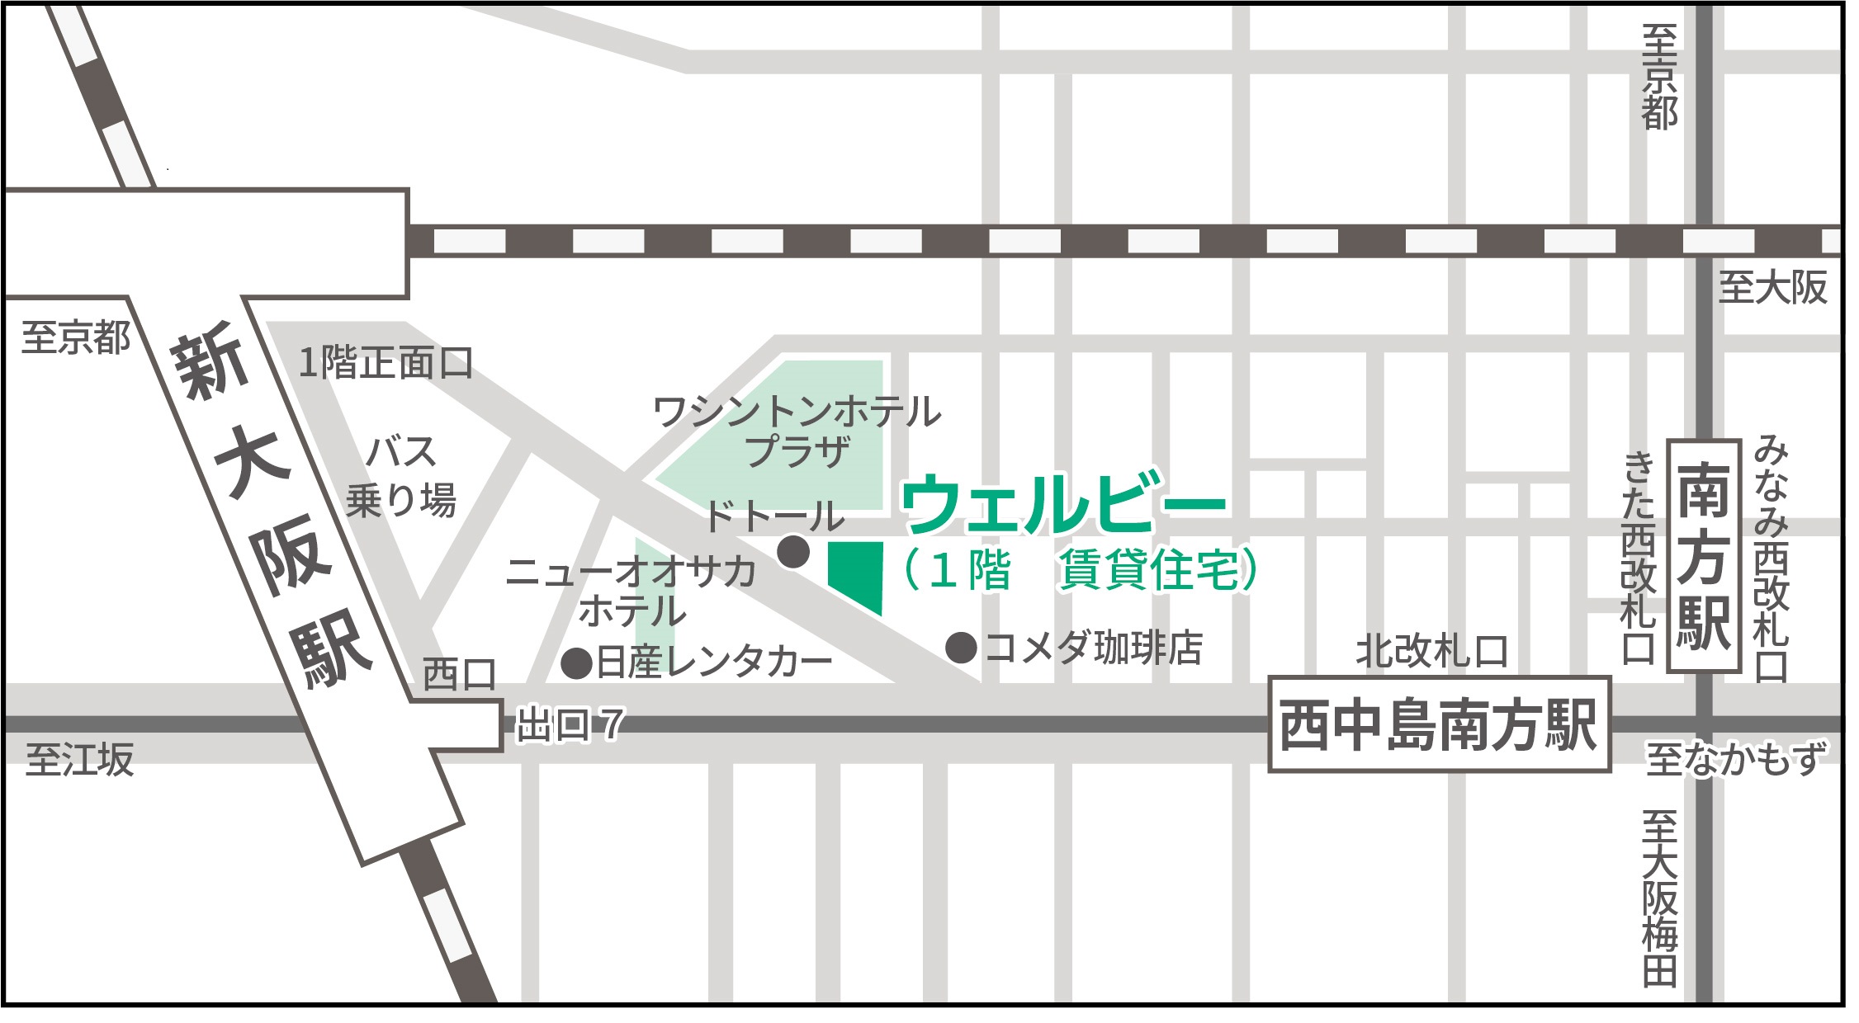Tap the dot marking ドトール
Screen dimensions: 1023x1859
click(x=794, y=551)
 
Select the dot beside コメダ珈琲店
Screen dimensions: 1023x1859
click(x=962, y=648)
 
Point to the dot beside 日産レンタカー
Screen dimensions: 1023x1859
click(x=577, y=662)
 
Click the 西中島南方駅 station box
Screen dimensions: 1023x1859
click(x=1439, y=725)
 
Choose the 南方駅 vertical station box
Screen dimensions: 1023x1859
click(x=1704, y=557)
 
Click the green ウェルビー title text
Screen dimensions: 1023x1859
click(x=1065, y=503)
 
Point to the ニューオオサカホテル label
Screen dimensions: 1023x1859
click(x=631, y=591)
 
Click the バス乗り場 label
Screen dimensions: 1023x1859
click(x=401, y=476)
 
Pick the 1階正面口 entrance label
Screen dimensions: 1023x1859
click(x=386, y=363)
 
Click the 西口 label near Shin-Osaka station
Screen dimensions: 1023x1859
click(x=459, y=675)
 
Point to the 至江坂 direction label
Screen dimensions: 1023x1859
click(x=79, y=759)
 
